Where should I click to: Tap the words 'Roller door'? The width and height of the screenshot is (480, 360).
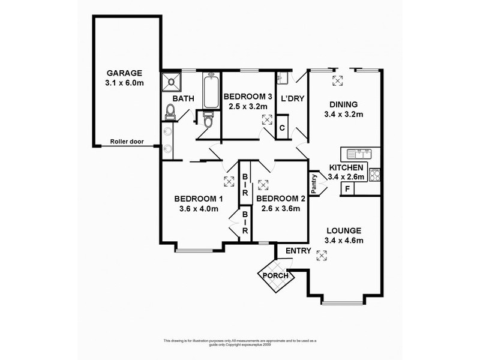(125, 143)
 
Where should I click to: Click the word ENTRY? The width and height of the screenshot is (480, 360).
(298, 251)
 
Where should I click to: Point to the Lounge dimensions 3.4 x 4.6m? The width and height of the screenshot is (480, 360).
(344, 241)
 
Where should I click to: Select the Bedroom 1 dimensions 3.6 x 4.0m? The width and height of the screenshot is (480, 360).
(199, 209)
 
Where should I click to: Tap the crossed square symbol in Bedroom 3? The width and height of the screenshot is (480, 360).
(266, 119)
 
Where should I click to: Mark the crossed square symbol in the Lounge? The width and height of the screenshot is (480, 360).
(323, 256)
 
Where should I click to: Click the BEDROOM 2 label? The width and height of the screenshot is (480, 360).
(281, 199)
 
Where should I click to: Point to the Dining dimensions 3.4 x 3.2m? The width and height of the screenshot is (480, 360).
(343, 114)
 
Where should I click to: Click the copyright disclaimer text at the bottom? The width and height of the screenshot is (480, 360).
(239, 343)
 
